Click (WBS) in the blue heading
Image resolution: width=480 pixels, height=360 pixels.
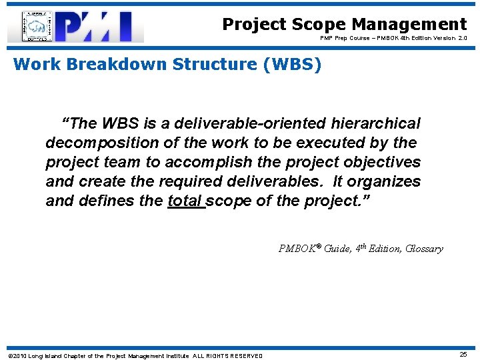coord(291,65)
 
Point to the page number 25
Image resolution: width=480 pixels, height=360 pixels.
coord(463,354)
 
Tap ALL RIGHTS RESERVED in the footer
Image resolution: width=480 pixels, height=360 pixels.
coord(227,355)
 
